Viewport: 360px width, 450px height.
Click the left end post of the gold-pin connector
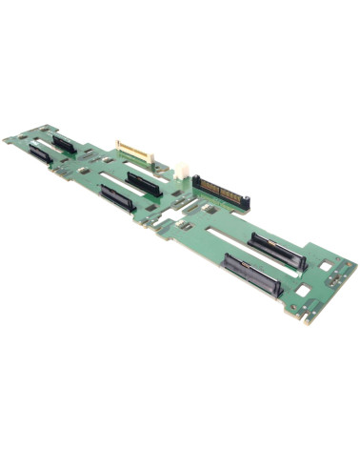pos(195,180)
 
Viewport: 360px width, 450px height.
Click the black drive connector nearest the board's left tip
pos(40,153)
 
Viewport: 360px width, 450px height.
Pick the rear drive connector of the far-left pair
pos(64,143)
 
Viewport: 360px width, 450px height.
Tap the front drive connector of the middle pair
pos(116,198)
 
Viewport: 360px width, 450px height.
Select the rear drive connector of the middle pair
pos(143,182)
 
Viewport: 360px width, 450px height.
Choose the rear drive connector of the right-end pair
pos(277,251)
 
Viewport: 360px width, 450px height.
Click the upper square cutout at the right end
pos(325,263)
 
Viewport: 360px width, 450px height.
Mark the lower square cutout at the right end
pos(302,289)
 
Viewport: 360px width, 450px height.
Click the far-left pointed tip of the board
pos(5,139)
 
